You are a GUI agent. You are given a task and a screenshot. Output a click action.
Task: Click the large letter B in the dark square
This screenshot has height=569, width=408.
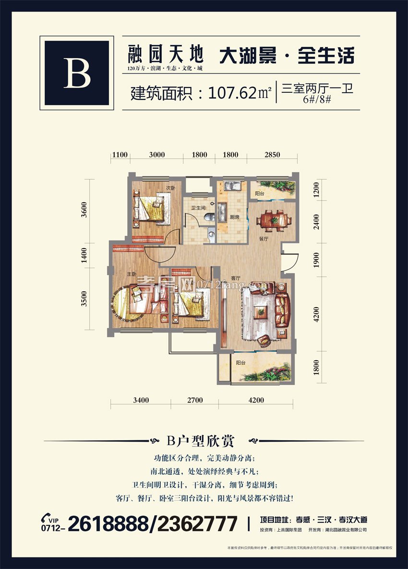pos(77,73)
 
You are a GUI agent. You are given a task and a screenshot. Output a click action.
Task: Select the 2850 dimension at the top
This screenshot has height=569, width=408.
pos(272,155)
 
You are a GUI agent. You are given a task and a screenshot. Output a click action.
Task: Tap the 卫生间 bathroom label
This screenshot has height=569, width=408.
pos(198,208)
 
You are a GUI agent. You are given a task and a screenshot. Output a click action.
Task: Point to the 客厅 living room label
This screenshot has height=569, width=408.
pos(235,278)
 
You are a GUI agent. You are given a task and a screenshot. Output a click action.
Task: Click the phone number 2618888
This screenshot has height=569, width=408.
pos(108,523)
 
